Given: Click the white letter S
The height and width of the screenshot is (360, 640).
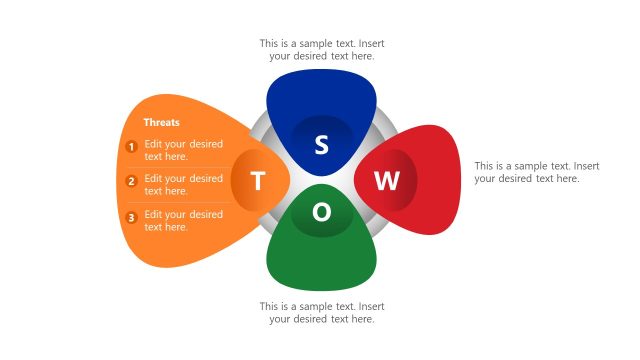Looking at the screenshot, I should (321, 145).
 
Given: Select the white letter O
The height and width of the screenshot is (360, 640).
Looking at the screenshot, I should (321, 213).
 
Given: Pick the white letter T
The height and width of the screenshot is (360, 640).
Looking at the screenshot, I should (258, 181).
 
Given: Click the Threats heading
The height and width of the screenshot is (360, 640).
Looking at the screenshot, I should (161, 122).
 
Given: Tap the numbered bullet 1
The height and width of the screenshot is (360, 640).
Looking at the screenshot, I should (131, 147).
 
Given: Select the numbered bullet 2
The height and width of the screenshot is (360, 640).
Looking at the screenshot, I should (131, 182).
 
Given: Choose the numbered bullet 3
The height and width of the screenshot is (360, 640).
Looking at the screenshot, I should (131, 218).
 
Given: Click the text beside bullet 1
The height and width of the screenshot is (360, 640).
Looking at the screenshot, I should (183, 150).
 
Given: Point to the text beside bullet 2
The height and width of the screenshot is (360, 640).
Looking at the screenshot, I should (183, 185).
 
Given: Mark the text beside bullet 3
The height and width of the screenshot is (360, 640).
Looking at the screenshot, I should (183, 221).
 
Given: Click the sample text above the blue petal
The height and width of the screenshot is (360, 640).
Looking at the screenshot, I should (321, 50).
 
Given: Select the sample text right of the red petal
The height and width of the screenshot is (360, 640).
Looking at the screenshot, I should (536, 172).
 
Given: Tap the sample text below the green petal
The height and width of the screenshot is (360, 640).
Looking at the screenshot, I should (321, 312).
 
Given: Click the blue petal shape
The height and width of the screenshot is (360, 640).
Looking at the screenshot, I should (321, 95).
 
